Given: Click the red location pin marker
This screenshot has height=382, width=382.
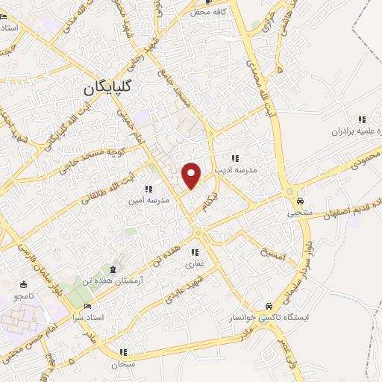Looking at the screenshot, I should point(192,175).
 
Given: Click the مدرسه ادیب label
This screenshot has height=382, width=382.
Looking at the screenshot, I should point(236,170).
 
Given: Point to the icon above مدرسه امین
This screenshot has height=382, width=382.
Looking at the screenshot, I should point(148,189).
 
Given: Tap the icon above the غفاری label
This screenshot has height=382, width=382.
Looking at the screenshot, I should point(196,252).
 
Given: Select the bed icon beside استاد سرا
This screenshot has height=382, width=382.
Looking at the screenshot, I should point(89,306).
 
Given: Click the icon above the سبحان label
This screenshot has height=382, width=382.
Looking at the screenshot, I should point(124,351).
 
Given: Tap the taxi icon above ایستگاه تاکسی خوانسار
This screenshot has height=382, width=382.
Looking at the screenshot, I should point(268,306).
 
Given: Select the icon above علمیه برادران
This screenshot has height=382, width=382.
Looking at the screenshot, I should point(363,119).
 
